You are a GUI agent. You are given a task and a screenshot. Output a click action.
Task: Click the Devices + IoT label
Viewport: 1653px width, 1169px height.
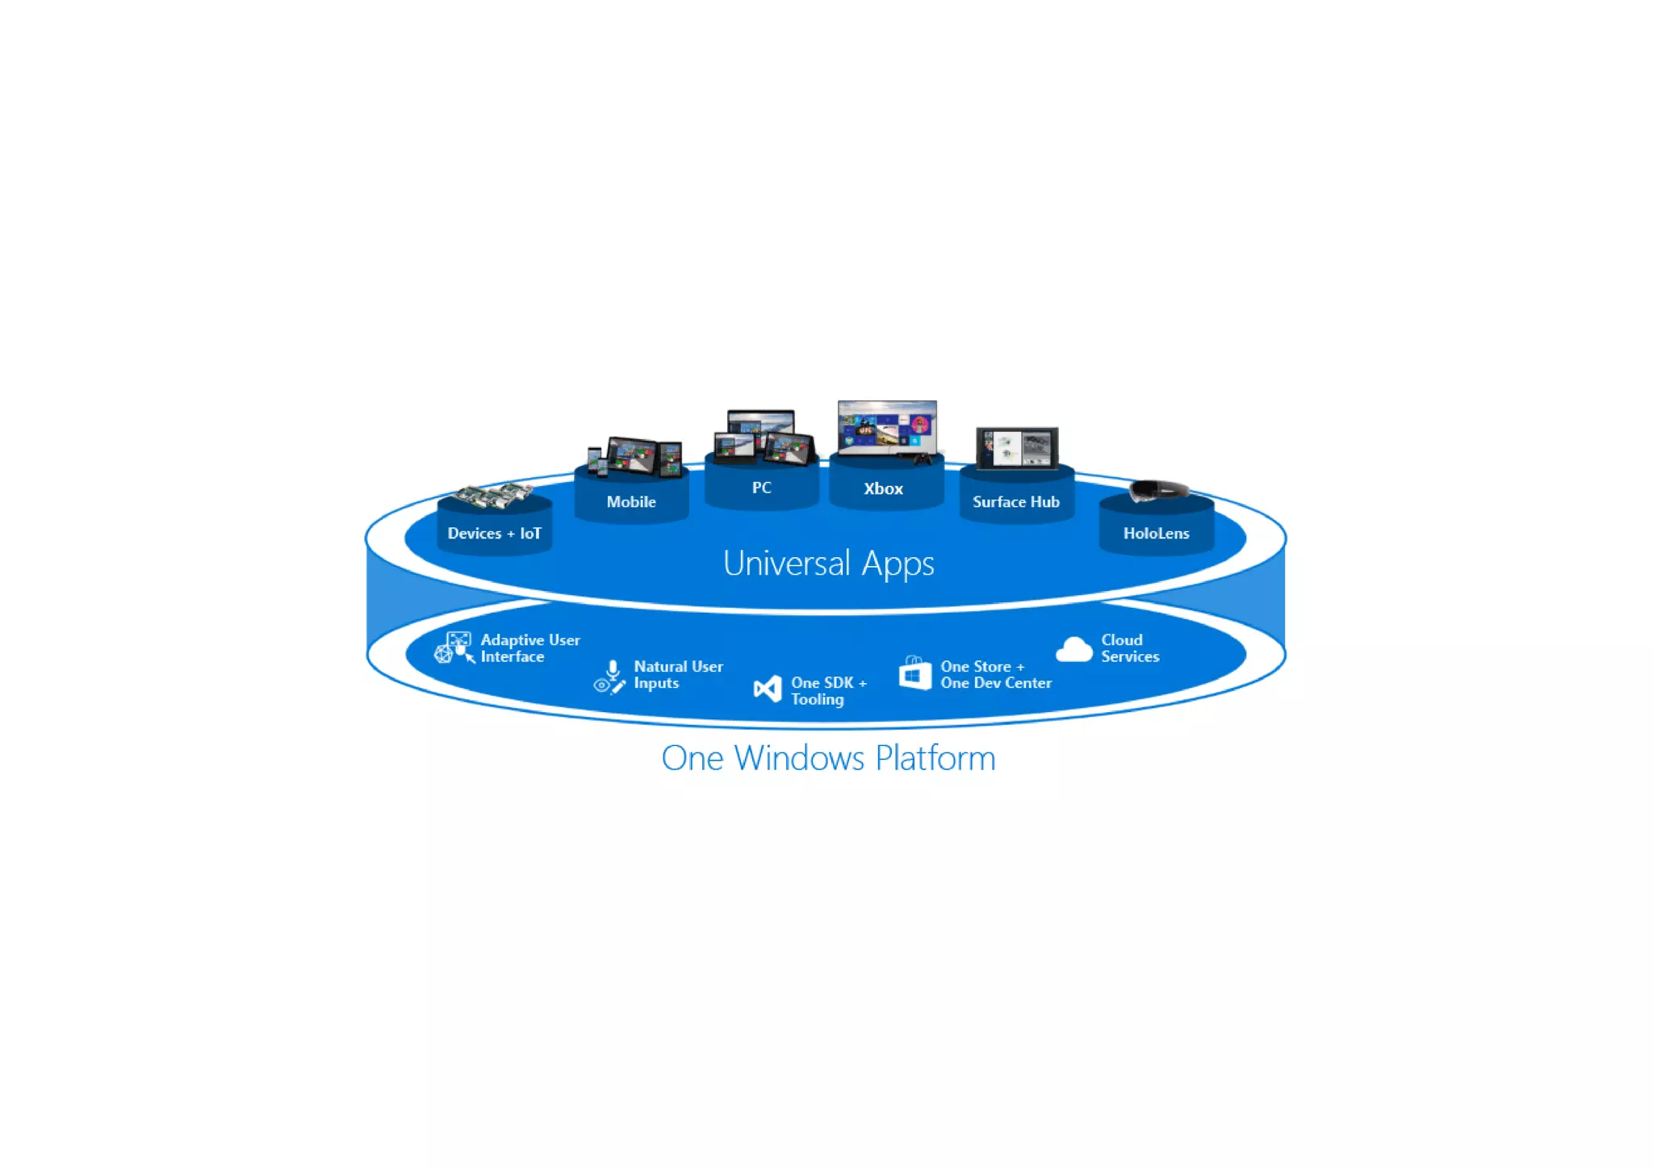coord(494,534)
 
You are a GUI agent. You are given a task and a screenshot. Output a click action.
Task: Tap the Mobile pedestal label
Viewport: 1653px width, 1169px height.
coord(631,502)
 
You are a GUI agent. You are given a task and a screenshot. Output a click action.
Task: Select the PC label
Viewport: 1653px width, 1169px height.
coord(761,488)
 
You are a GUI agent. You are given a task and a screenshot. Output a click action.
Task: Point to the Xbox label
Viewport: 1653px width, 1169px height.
coord(883,488)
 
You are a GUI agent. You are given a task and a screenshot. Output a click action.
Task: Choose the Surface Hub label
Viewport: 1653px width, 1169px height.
coord(1015,502)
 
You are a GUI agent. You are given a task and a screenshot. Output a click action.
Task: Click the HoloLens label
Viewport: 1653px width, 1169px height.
coord(1156,534)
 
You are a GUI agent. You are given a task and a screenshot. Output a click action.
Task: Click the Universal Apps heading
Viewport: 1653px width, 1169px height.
coord(828,564)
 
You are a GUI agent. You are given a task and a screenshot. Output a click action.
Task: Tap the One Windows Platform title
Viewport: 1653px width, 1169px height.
coord(828,758)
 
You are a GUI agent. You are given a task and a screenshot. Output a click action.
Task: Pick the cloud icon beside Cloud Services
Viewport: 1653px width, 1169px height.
coord(1073,650)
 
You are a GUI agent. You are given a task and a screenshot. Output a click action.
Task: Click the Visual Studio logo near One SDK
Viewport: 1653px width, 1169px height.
coord(768,689)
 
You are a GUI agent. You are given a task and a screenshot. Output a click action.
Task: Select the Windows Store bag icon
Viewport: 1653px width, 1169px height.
coord(915,673)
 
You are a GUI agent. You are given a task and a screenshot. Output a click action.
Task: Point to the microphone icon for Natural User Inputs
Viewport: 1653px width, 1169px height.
coord(613,670)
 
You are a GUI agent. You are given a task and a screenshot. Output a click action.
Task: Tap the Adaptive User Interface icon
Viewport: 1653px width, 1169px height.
coord(455,647)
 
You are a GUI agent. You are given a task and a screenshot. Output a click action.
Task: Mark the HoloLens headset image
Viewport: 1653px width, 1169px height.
coord(1159,490)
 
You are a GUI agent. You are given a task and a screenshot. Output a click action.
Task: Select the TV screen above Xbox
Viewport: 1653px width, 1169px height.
coord(887,428)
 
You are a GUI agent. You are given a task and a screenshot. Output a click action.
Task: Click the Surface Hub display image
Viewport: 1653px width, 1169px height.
coord(1017,448)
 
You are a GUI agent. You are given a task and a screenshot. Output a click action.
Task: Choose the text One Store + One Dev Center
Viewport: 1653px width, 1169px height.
coord(995,675)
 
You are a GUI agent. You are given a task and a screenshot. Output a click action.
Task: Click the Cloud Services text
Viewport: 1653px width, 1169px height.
coord(1129,648)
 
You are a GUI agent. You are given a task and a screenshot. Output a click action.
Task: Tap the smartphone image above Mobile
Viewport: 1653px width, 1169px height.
coord(596,461)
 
